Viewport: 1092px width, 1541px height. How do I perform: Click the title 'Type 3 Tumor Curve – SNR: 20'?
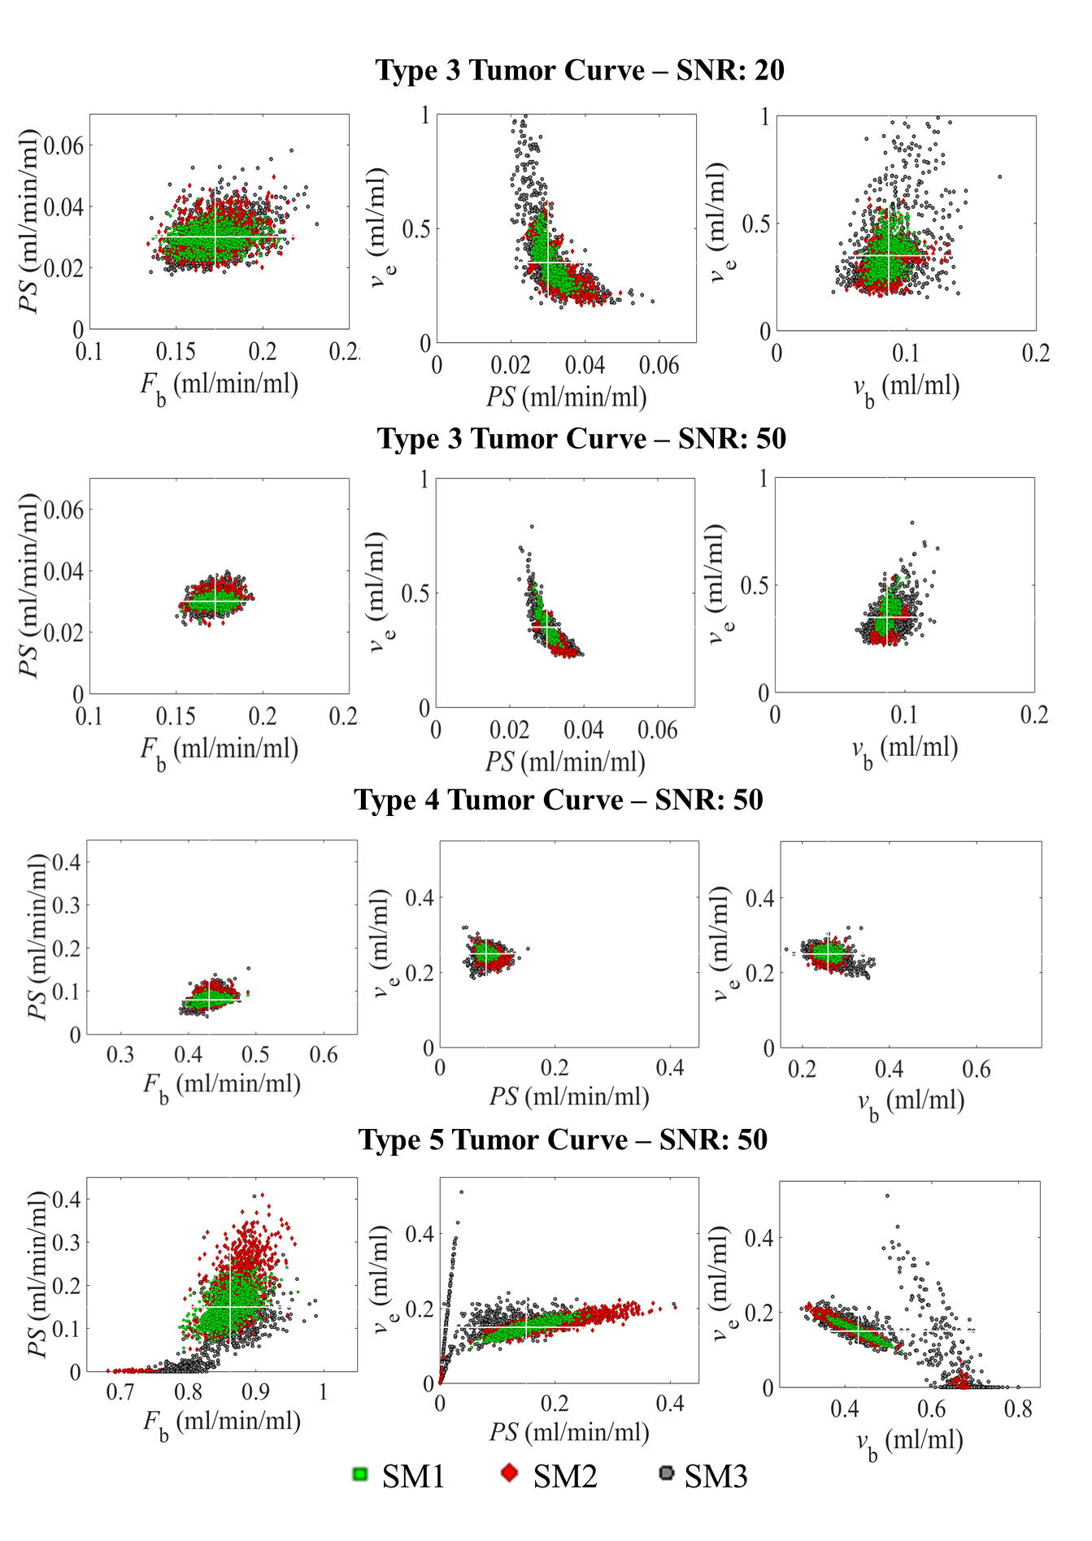(580, 71)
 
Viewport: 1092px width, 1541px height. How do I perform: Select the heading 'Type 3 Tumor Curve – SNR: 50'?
(581, 439)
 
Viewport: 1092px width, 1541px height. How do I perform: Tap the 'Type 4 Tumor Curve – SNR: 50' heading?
(559, 800)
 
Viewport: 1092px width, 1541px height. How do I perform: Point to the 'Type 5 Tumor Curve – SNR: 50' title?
(563, 1139)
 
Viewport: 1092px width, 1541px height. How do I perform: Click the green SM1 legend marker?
(360, 1474)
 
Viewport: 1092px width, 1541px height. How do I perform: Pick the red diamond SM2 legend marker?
(510, 1473)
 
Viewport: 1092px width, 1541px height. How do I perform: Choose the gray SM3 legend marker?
(667, 1473)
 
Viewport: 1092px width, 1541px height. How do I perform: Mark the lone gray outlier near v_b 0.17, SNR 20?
(999, 176)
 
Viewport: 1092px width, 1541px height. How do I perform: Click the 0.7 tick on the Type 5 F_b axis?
(120, 1392)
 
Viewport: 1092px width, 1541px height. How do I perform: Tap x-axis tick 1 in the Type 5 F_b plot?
(323, 1392)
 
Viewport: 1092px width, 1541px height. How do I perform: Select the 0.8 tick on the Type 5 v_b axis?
(1018, 1409)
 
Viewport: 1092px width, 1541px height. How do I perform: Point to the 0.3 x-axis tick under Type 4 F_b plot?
(120, 1055)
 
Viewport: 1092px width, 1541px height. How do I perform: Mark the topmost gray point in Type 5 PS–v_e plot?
(462, 1192)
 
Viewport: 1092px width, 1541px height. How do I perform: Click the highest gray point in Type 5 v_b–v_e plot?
(887, 1196)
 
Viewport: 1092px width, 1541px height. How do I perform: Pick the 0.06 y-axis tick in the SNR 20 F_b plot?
(63, 146)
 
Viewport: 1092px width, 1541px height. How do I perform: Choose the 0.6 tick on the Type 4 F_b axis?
(324, 1055)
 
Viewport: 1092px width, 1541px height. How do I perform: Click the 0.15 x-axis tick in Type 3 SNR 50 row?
(176, 716)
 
